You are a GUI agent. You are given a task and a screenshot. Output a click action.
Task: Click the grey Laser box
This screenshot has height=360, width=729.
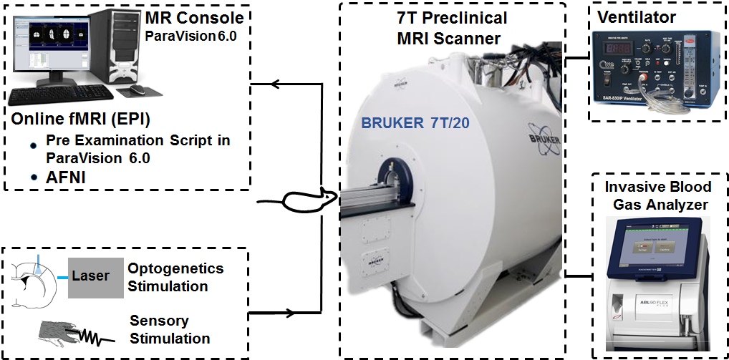[x=95, y=276]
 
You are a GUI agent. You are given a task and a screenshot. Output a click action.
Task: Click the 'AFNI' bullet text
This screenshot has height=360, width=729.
[x=63, y=177]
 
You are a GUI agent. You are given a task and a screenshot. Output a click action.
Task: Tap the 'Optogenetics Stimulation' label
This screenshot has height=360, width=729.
[x=175, y=277]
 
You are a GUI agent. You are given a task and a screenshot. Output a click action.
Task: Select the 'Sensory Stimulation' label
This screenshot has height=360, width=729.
[x=170, y=329]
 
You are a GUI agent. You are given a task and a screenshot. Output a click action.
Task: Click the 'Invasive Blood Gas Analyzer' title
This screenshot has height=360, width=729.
[x=658, y=196]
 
